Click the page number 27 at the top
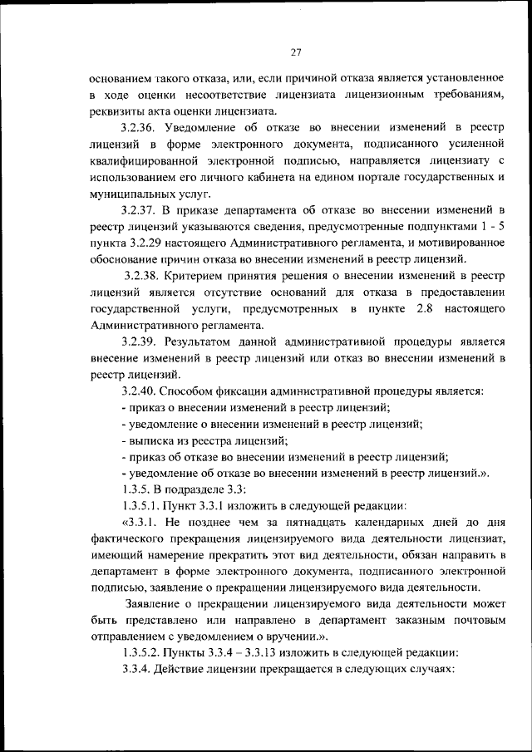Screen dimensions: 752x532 pyautogui.click(x=295, y=52)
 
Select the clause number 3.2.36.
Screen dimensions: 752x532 pyautogui.click(x=139, y=127)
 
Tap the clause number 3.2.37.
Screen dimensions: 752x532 pyautogui.click(x=139, y=208)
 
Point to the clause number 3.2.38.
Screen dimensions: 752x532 pyautogui.click(x=143, y=273)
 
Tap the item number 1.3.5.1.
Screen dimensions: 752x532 pyautogui.click(x=142, y=504)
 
